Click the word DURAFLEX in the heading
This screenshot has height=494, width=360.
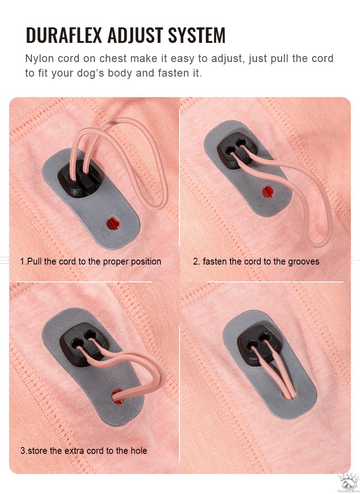click(64, 35)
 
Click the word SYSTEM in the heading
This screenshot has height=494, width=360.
click(197, 35)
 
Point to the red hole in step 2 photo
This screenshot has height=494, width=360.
click(268, 192)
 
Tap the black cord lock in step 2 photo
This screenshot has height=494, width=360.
click(237, 148)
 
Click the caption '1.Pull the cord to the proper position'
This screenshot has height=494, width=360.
click(91, 261)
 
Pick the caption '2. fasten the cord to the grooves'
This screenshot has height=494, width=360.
click(256, 261)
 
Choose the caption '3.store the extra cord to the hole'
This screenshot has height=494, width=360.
click(84, 451)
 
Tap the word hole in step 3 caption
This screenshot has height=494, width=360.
click(139, 451)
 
